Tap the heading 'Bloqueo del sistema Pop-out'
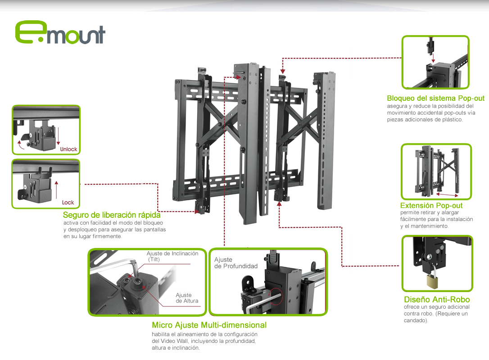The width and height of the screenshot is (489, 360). click(x=435, y=98)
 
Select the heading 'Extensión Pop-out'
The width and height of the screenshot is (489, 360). click(x=431, y=205)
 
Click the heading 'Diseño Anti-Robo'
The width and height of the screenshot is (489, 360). click(x=437, y=300)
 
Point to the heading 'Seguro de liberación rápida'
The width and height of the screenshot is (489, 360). click(x=112, y=215)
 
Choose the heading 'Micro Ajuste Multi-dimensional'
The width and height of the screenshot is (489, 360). click(x=209, y=325)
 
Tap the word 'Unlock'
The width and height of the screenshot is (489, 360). click(x=68, y=149)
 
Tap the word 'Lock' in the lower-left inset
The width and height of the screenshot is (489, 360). click(x=68, y=202)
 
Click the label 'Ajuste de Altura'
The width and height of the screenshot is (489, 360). click(x=187, y=298)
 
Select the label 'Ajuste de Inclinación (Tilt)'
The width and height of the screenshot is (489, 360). click(x=172, y=256)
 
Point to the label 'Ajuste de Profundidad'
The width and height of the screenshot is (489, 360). click(x=236, y=263)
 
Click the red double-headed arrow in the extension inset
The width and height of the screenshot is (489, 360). click(x=447, y=195)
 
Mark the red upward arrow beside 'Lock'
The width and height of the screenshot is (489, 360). click(x=56, y=189)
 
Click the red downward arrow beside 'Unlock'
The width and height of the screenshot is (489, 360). click(x=58, y=136)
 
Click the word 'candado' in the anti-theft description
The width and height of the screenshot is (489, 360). click(x=415, y=320)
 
